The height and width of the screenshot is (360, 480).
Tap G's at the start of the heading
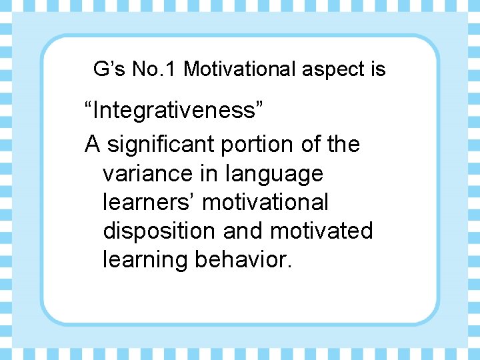pos(107,69)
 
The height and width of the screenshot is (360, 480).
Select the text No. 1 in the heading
pos(153,69)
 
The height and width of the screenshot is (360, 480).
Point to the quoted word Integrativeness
pos(174,110)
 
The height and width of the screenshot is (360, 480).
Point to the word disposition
pos(159,232)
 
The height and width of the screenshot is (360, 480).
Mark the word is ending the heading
pos(377,69)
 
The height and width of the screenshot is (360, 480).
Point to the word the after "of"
pos(343,144)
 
